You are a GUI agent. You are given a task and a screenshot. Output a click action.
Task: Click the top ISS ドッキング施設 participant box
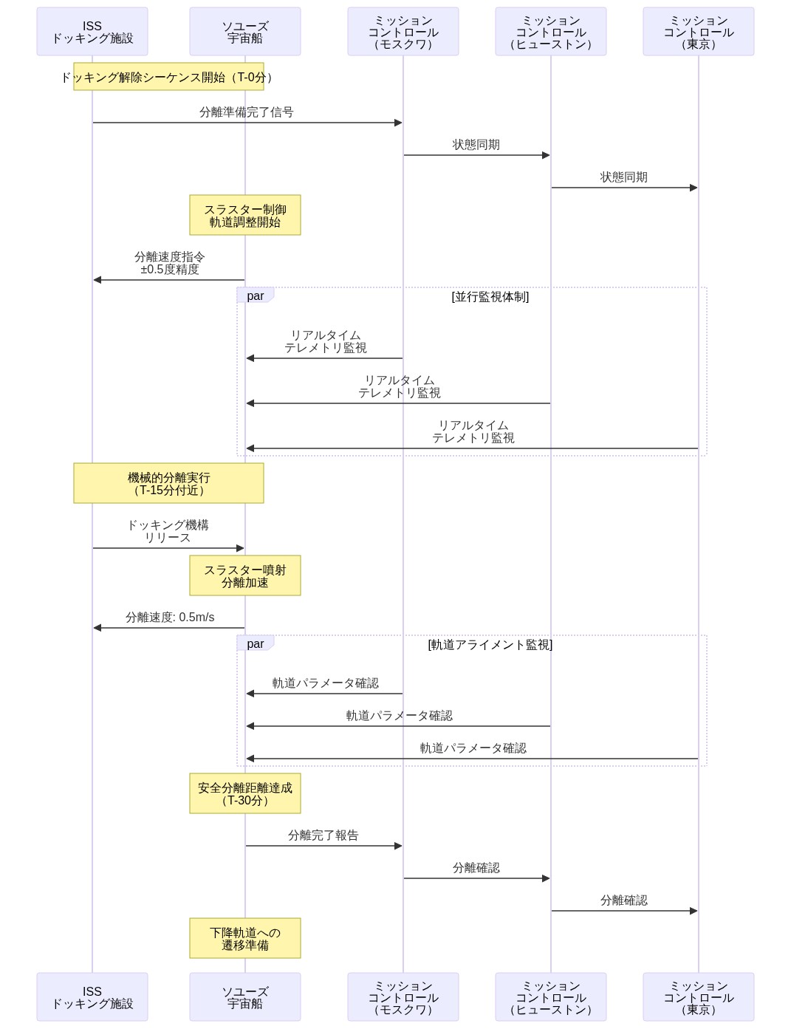pyautogui.click(x=92, y=32)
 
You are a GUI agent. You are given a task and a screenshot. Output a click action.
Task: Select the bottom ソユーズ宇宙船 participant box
pyautogui.click(x=245, y=996)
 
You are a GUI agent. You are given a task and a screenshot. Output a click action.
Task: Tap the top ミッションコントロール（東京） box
pyautogui.click(x=698, y=32)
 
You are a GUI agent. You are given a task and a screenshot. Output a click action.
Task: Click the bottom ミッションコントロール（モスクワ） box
pyautogui.click(x=403, y=996)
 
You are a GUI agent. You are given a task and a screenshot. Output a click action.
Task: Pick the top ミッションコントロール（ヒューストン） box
pyautogui.click(x=550, y=32)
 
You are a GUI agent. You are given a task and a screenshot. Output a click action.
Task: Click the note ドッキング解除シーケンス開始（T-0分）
pyautogui.click(x=168, y=77)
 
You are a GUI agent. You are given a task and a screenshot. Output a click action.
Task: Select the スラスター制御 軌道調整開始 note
pyautogui.click(x=245, y=215)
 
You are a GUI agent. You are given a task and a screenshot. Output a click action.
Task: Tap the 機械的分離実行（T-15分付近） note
pyautogui.click(x=168, y=483)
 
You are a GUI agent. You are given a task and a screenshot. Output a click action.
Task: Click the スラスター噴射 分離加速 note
pyautogui.click(x=245, y=575)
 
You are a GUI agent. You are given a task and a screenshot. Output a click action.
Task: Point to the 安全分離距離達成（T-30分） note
pyautogui.click(x=245, y=793)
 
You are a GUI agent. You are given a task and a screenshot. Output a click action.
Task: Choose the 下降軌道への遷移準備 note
pyautogui.click(x=245, y=938)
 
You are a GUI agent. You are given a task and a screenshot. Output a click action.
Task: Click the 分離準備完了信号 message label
pyautogui.click(x=246, y=112)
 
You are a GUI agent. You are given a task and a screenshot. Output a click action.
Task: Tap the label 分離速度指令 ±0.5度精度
pyautogui.click(x=169, y=263)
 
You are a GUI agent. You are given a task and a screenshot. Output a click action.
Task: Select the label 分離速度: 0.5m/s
pyautogui.click(x=170, y=617)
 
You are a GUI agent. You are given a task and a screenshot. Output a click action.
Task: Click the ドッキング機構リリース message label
pyautogui.click(x=168, y=531)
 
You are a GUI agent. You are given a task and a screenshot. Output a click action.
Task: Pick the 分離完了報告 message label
pyautogui.click(x=323, y=835)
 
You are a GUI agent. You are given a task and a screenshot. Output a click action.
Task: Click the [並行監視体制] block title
pyautogui.click(x=490, y=297)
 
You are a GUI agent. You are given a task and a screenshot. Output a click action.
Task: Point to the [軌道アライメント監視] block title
pyautogui.click(x=490, y=645)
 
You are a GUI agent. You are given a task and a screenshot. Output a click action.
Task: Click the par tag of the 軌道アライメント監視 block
pyautogui.click(x=255, y=643)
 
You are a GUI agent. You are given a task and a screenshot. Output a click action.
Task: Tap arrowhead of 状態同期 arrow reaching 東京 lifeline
pyautogui.click(x=694, y=188)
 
